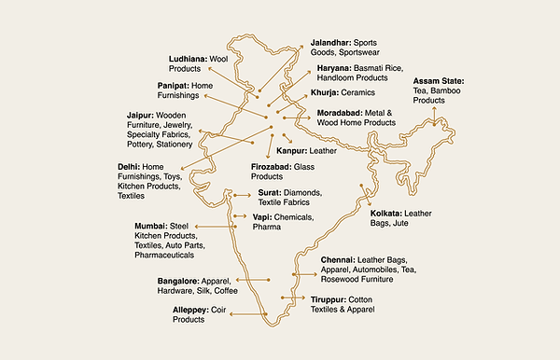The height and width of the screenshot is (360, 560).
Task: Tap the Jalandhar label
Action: click(330, 43)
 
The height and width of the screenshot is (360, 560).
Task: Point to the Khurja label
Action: click(325, 92)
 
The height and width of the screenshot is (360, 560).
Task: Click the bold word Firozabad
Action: click(273, 166)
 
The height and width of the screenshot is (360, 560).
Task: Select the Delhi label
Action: click(129, 166)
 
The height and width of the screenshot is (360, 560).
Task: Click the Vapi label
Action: click(262, 216)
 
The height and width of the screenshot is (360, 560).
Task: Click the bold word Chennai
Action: click(339, 258)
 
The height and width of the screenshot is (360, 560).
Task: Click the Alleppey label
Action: click(191, 309)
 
